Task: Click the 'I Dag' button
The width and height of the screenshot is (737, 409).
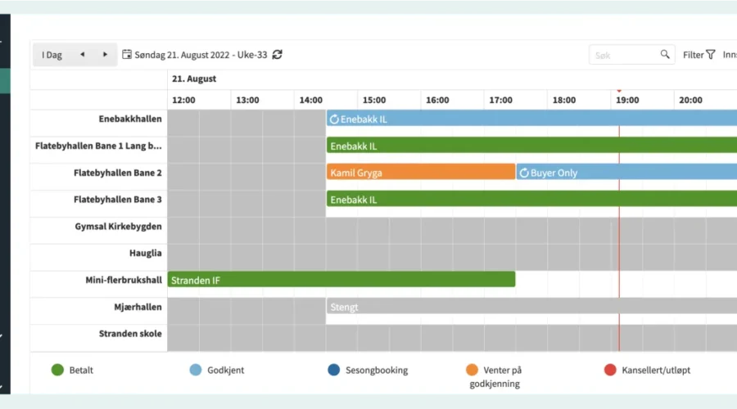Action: [x=52, y=55]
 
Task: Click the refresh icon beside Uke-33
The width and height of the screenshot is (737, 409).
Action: [x=278, y=55]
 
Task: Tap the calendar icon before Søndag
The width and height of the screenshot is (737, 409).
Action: [x=127, y=55]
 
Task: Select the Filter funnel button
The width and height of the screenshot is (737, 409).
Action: [x=699, y=55]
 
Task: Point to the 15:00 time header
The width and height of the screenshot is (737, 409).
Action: [x=373, y=100]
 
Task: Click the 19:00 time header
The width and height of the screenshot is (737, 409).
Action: [x=627, y=100]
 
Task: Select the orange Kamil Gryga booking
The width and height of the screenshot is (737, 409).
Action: [x=420, y=173]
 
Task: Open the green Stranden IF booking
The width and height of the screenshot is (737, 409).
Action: [x=341, y=280]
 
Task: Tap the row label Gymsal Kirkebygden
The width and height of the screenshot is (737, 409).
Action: [x=118, y=227]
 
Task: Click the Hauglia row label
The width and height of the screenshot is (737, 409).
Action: [x=145, y=254]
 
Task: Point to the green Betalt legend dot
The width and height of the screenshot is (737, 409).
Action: [x=57, y=370]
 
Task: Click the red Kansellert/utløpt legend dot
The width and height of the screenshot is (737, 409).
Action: [x=609, y=370]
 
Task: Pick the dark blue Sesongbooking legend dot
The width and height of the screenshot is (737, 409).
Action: [x=333, y=370]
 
